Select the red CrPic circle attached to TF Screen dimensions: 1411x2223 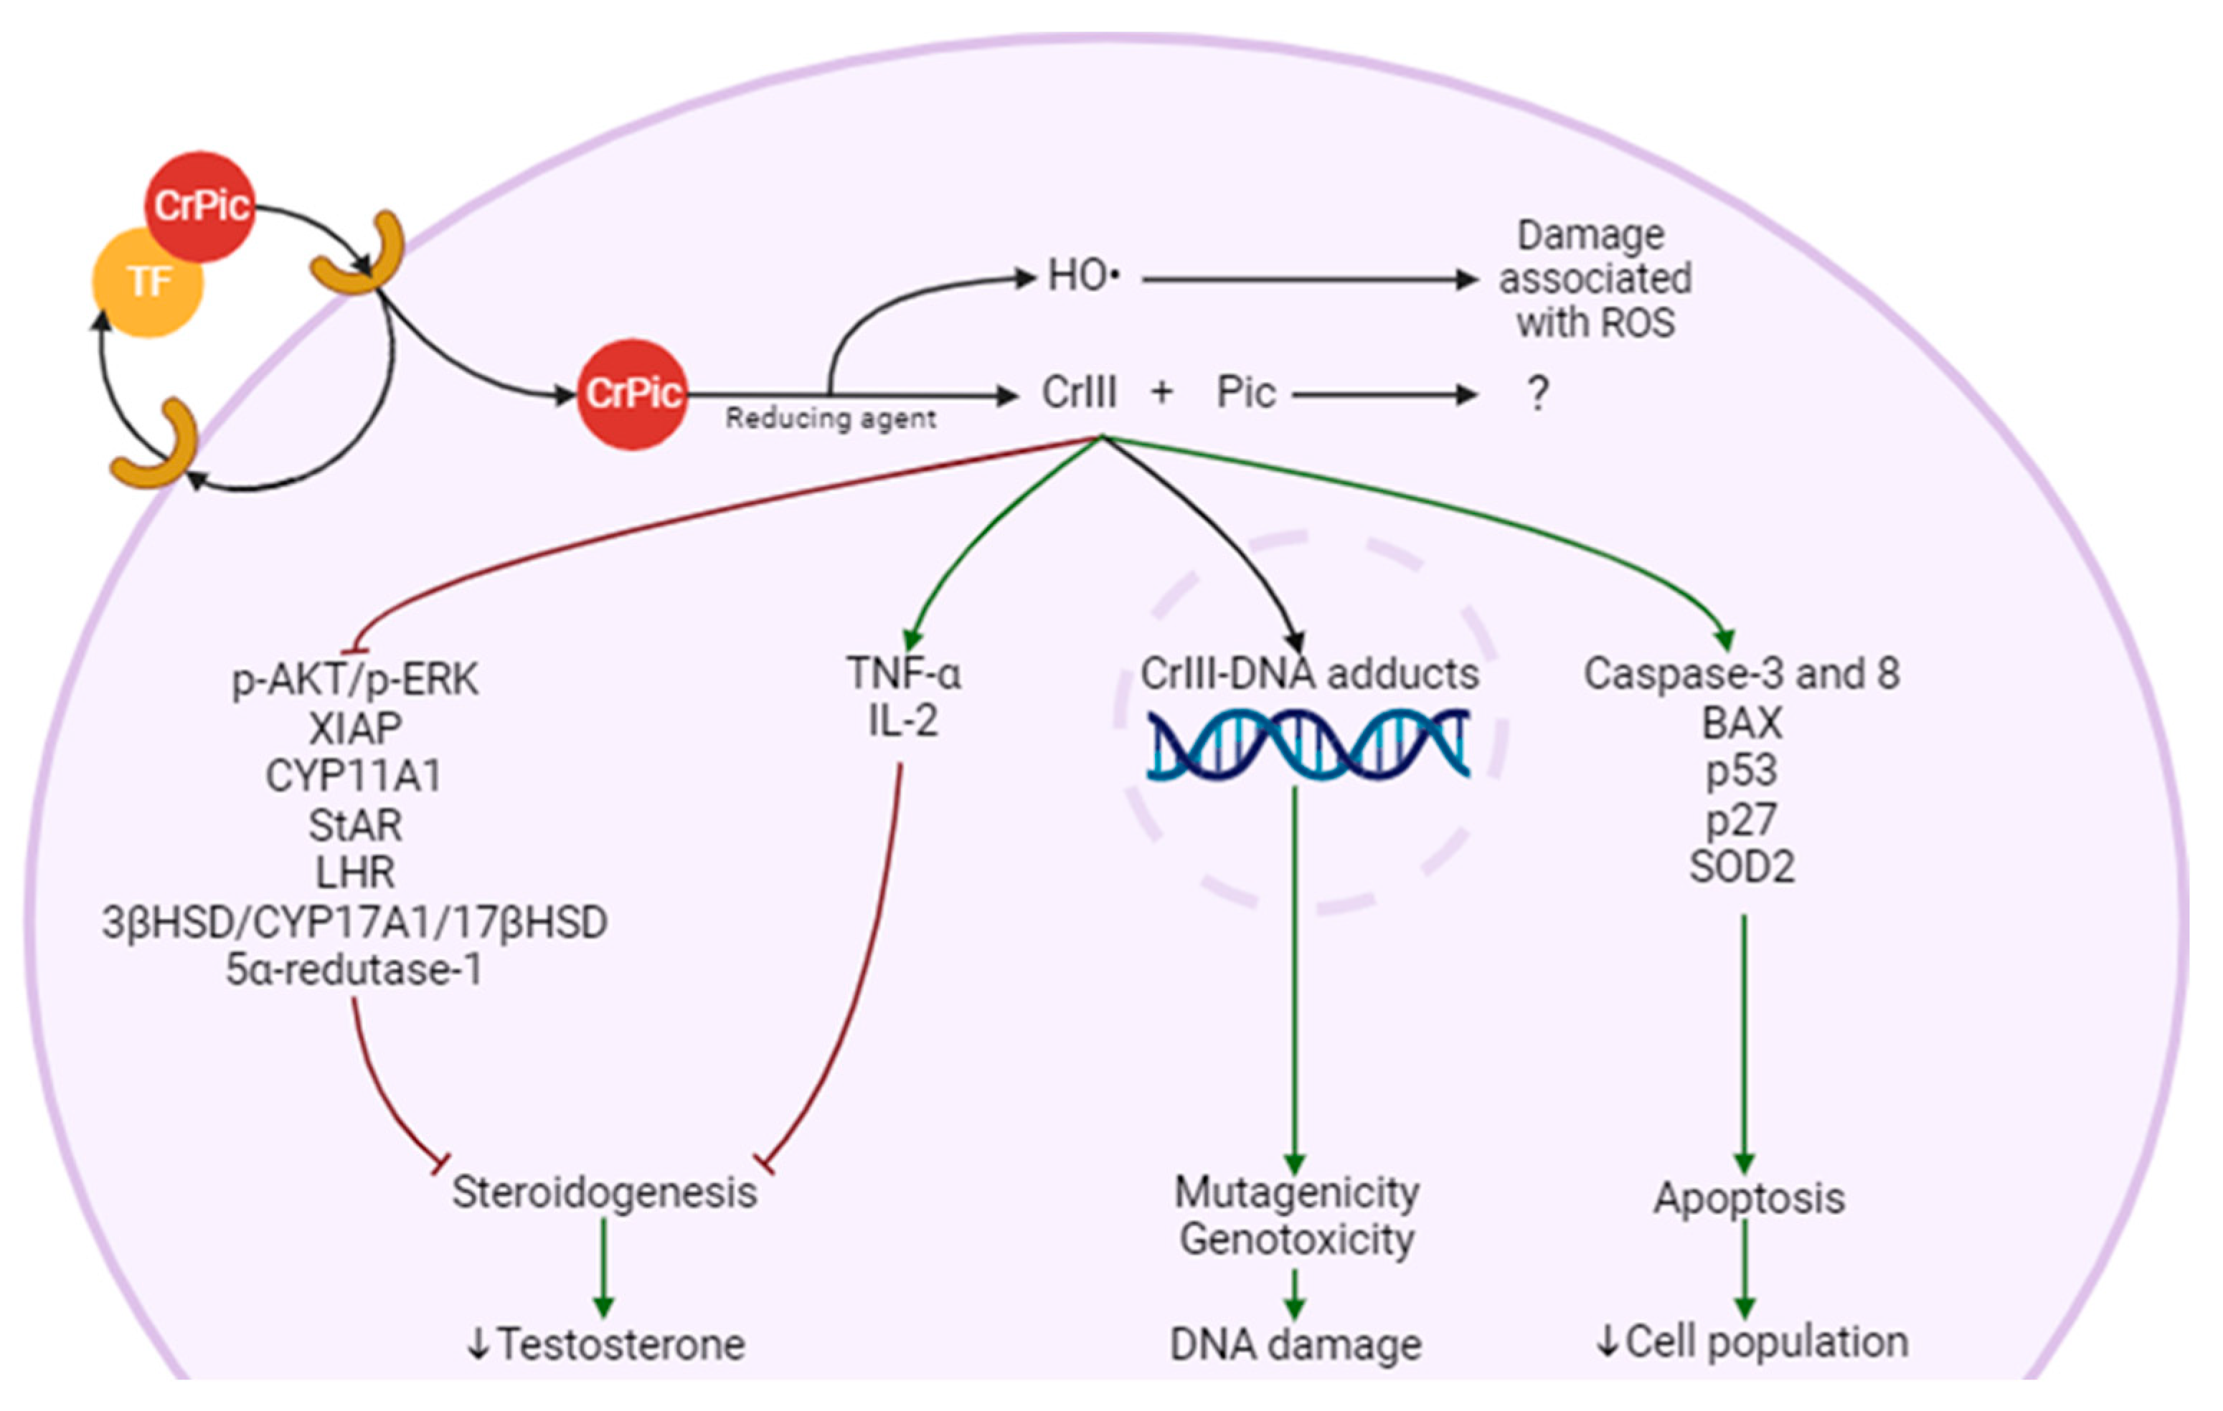[x=199, y=206]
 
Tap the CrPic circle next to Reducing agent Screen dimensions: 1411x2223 [x=633, y=394]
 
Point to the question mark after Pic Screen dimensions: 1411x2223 [x=1537, y=394]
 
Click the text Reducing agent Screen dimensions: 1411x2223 [x=830, y=419]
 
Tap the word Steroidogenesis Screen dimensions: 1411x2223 [x=604, y=1192]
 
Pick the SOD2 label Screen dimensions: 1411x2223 [x=1741, y=868]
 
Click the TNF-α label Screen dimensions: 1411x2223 [x=904, y=674]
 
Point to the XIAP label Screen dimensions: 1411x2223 [x=354, y=729]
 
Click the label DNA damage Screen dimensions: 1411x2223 [x=1295, y=1344]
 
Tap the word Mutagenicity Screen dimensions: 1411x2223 [x=1296, y=1192]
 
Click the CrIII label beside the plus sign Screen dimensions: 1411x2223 [x=1078, y=393]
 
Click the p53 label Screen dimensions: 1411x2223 [x=1741, y=771]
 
